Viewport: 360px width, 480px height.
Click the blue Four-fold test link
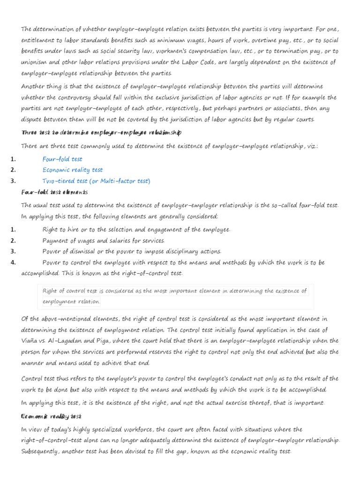62,159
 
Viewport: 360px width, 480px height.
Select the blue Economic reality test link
72,170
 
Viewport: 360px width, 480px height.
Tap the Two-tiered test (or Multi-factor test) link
96,181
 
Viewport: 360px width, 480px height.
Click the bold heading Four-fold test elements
54,192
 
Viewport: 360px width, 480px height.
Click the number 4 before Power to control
14,262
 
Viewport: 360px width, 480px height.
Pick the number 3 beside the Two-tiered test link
14,181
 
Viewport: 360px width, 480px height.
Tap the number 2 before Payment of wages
14,240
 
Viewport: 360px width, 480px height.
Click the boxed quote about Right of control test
174,296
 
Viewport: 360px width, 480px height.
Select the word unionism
36,62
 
